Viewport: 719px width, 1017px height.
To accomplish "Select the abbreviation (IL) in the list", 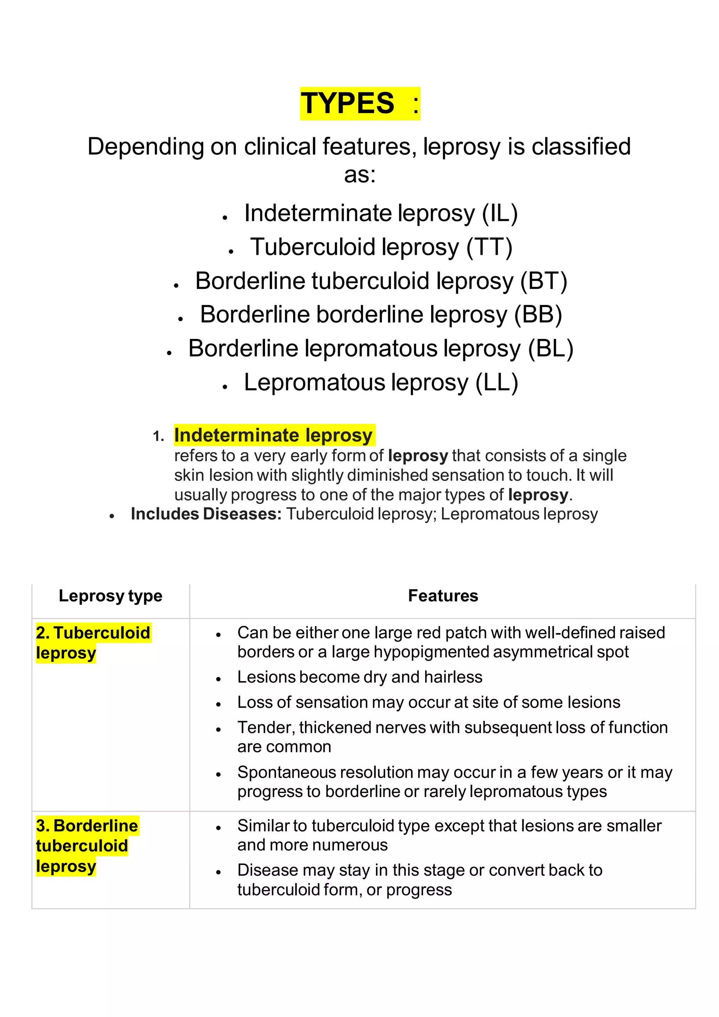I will [500, 213].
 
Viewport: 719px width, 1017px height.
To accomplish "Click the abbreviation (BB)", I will [538, 315].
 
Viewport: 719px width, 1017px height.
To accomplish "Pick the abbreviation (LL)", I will [497, 383].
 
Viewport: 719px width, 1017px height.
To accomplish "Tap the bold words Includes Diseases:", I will [206, 514].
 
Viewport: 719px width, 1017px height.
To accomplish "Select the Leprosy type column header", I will [110, 596].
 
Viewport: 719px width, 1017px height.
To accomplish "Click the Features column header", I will [443, 596].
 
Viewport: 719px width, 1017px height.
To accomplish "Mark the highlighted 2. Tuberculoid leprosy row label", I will [93, 642].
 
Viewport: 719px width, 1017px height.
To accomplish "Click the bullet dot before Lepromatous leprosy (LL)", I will [225, 387].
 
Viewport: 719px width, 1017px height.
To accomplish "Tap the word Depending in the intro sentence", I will [145, 147].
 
